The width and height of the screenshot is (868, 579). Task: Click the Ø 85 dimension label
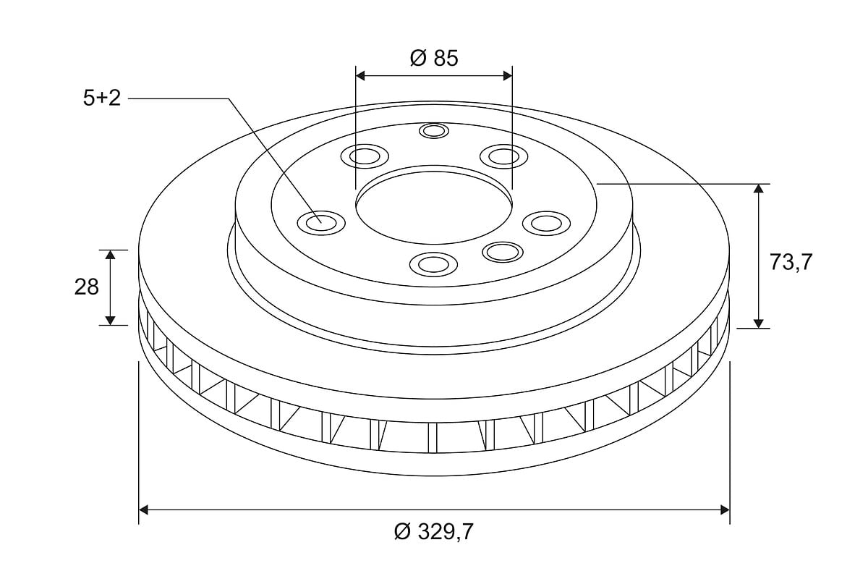point(434,58)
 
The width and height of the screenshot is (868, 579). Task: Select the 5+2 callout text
point(102,98)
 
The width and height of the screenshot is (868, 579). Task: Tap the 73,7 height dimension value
point(791,263)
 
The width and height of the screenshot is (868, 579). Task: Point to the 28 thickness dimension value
point(87,287)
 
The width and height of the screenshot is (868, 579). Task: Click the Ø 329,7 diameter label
point(434,531)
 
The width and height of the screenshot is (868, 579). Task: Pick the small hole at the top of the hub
point(434,131)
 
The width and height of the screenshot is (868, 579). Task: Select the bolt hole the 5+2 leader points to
point(321,223)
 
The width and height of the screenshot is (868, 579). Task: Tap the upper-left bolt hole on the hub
point(365,156)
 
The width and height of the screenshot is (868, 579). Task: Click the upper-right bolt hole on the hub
point(503,156)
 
